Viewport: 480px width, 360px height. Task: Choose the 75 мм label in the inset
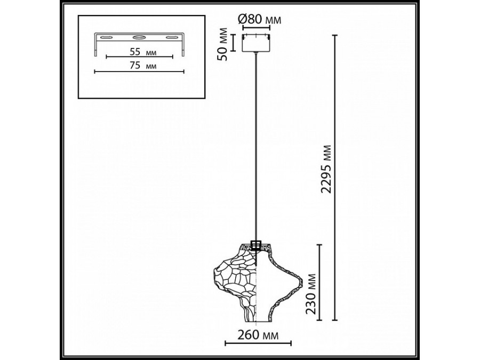pyautogui.click(x=140, y=65)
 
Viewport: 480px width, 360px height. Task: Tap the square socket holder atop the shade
pyautogui.click(x=256, y=245)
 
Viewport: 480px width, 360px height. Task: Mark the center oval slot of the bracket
pyautogui.click(x=139, y=38)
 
